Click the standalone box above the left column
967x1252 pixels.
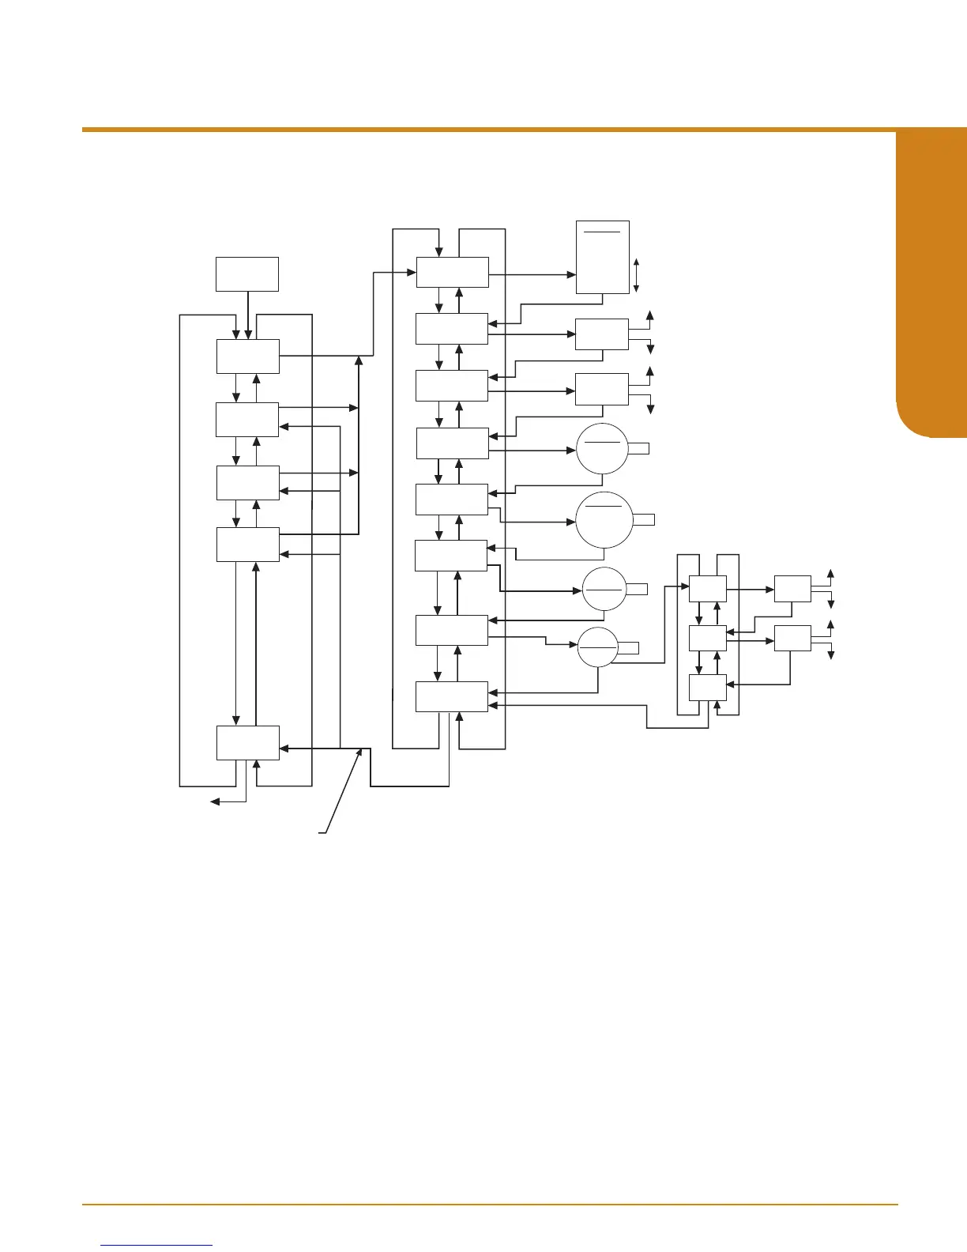[247, 273]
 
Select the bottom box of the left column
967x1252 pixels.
[247, 742]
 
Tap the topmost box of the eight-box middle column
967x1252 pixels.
[452, 273]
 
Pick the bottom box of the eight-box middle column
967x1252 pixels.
[452, 696]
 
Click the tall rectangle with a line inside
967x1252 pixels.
[603, 257]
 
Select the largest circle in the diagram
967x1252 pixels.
[604, 519]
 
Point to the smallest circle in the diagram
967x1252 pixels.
[597, 646]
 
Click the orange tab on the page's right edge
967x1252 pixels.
[932, 285]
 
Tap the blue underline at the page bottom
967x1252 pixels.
[157, 1245]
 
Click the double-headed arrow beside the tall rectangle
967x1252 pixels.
[636, 275]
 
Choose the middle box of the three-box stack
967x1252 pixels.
[707, 638]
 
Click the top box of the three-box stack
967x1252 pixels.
[707, 589]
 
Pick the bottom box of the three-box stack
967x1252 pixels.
[707, 688]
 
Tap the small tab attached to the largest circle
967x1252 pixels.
[644, 519]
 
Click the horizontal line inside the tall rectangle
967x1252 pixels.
[603, 232]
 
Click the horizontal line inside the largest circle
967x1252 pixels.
[604, 505]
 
